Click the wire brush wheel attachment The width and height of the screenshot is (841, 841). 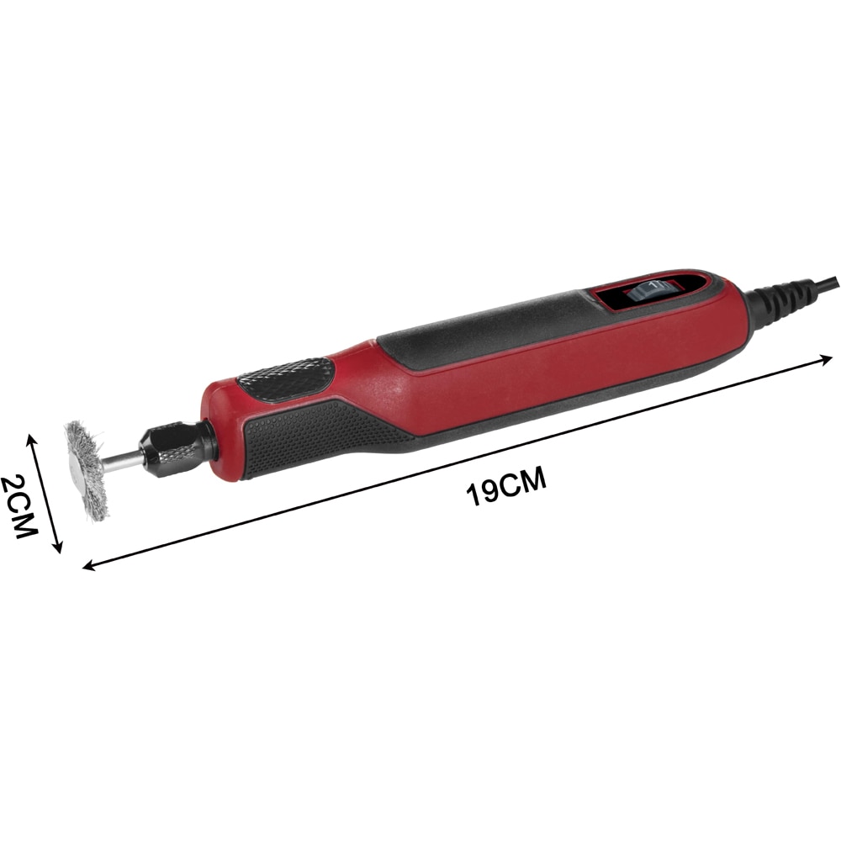(86, 470)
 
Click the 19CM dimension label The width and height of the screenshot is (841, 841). (506, 485)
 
